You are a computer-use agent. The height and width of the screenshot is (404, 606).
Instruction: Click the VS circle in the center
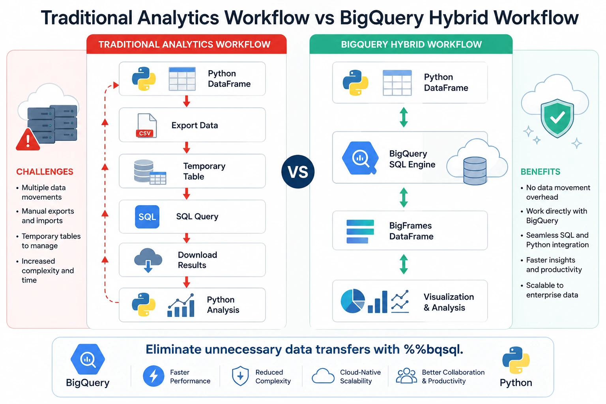point(298,172)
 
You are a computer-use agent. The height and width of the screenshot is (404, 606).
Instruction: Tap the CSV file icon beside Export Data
point(146,125)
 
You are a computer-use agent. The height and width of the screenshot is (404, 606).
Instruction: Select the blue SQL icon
point(147,217)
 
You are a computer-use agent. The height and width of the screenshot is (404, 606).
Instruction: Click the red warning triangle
point(28,140)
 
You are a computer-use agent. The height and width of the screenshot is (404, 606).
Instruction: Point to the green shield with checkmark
point(557,118)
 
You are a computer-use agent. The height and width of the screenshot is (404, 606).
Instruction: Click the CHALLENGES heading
point(45,172)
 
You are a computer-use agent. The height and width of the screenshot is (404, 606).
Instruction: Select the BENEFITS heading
point(540,172)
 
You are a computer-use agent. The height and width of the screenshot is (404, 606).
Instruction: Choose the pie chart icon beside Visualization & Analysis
point(352,301)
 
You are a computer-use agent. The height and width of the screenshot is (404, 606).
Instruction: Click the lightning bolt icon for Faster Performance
point(153,376)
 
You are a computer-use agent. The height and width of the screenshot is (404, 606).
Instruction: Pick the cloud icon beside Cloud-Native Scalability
point(323,376)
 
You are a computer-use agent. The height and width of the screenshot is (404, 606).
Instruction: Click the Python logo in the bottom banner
point(516,360)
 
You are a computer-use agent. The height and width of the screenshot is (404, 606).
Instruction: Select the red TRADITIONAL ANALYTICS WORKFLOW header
point(186,44)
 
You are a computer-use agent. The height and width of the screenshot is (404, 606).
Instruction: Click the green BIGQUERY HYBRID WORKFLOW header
point(411,44)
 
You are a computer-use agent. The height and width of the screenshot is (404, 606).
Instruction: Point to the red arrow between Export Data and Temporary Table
point(186,148)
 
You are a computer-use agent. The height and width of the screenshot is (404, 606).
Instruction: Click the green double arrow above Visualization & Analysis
point(404,264)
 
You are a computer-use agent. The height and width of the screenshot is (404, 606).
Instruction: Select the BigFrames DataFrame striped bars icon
point(360,231)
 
